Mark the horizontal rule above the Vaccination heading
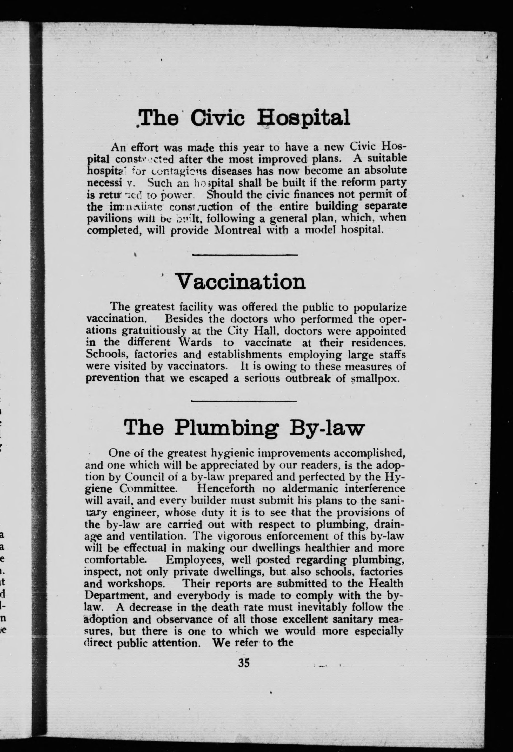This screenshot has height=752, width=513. coord(245,255)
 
